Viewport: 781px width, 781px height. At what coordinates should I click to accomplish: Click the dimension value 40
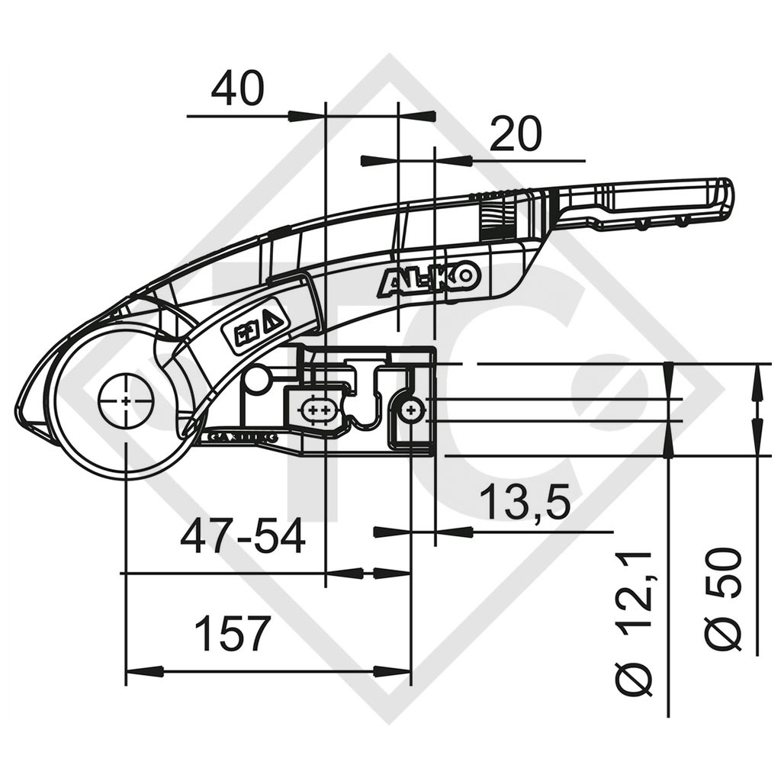pyautogui.click(x=237, y=89)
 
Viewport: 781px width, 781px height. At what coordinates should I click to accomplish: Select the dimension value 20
pyautogui.click(x=515, y=134)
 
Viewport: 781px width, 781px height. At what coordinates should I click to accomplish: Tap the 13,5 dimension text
pyautogui.click(x=526, y=504)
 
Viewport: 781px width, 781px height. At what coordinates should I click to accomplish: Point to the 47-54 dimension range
pyautogui.click(x=243, y=537)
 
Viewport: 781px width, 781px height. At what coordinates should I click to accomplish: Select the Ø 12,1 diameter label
pyautogui.click(x=635, y=622)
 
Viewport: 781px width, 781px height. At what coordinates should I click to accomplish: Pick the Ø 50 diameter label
pyautogui.click(x=723, y=599)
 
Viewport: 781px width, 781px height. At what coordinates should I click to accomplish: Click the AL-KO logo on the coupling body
pyautogui.click(x=429, y=278)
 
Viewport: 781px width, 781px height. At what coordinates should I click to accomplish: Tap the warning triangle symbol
pyautogui.click(x=272, y=319)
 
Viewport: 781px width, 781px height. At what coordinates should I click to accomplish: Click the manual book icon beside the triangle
pyautogui.click(x=246, y=333)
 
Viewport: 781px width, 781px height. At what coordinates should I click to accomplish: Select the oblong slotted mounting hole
pyautogui.click(x=317, y=411)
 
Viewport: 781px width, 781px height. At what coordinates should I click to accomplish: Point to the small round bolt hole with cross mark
pyautogui.click(x=412, y=411)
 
